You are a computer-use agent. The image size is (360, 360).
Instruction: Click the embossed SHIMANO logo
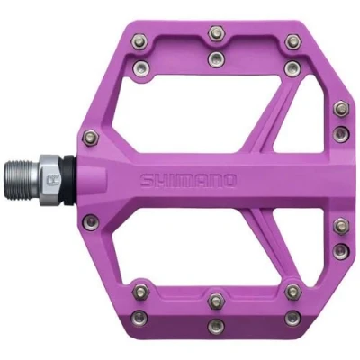point(188,181)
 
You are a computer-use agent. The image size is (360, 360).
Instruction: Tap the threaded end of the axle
point(22,180)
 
